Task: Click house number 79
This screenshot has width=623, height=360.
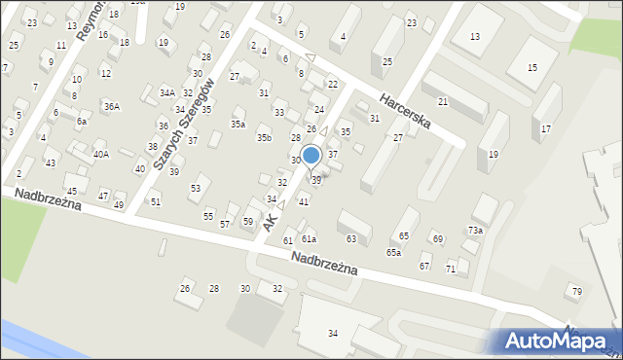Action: pyautogui.click(x=576, y=291)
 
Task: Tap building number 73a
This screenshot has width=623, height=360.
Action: pyautogui.click(x=474, y=231)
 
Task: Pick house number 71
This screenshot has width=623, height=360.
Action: pyautogui.click(x=451, y=269)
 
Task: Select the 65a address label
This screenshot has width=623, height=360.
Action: pyautogui.click(x=392, y=252)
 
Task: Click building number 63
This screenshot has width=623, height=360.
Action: pyautogui.click(x=351, y=238)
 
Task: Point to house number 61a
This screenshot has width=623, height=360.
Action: pyautogui.click(x=309, y=238)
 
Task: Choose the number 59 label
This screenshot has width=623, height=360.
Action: pyautogui.click(x=248, y=222)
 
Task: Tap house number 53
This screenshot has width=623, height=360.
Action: pyautogui.click(x=196, y=187)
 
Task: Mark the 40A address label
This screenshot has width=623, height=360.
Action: pyautogui.click(x=100, y=154)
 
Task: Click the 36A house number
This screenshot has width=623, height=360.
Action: pyautogui.click(x=112, y=106)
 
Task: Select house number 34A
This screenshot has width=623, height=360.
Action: pyautogui.click(x=167, y=92)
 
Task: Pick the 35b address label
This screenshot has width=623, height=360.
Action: pyautogui.click(x=264, y=138)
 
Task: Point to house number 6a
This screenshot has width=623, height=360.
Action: pyautogui.click(x=82, y=122)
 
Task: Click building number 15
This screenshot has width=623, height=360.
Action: pyautogui.click(x=531, y=67)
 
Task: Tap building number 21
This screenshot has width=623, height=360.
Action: pyautogui.click(x=443, y=101)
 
